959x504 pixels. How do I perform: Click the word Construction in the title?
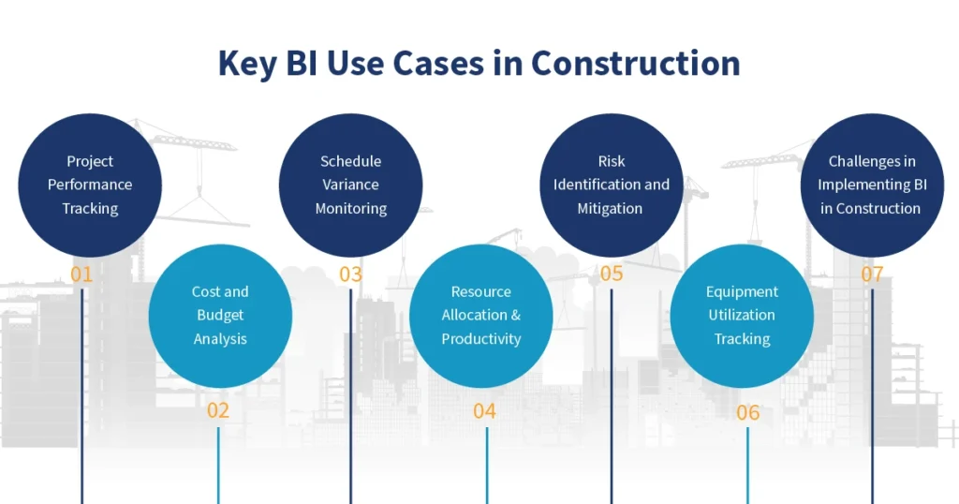pyautogui.click(x=635, y=63)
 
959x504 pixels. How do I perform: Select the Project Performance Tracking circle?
pyautogui.click(x=90, y=185)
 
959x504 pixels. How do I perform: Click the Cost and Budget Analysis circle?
pyautogui.click(x=220, y=316)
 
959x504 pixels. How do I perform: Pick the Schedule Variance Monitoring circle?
pyautogui.click(x=350, y=185)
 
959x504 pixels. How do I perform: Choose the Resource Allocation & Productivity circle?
pyautogui.click(x=481, y=316)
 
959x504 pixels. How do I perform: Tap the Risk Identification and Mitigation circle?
pyautogui.click(x=612, y=185)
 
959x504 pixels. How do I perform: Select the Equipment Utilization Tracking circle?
pyautogui.click(x=742, y=316)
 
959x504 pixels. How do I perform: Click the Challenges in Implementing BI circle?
pyautogui.click(x=871, y=185)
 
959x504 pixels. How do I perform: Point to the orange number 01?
pyautogui.click(x=81, y=275)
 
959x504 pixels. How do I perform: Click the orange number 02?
pyautogui.click(x=218, y=410)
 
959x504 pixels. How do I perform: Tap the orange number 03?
pyautogui.click(x=350, y=275)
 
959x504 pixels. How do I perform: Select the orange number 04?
pyautogui.click(x=484, y=410)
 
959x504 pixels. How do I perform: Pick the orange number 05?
pyautogui.click(x=612, y=274)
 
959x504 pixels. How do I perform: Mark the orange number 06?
pyautogui.click(x=747, y=412)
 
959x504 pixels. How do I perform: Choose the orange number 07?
pyautogui.click(x=872, y=275)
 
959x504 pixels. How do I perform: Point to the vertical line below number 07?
pyautogui.click(x=872, y=393)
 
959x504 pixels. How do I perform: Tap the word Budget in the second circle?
pyautogui.click(x=220, y=316)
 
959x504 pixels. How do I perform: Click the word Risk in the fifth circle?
pyautogui.click(x=612, y=161)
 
